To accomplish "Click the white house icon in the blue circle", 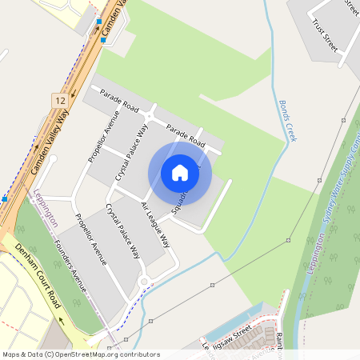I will click(x=180, y=172).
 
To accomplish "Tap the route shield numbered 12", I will click(x=60, y=100).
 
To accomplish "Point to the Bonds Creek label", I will click(x=288, y=121).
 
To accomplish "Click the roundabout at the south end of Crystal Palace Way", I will click(x=145, y=281).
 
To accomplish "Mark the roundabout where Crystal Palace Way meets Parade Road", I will click(x=150, y=117).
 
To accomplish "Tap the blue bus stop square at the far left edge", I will click(x=4, y=198).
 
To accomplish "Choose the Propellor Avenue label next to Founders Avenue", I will click(x=90, y=240).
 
